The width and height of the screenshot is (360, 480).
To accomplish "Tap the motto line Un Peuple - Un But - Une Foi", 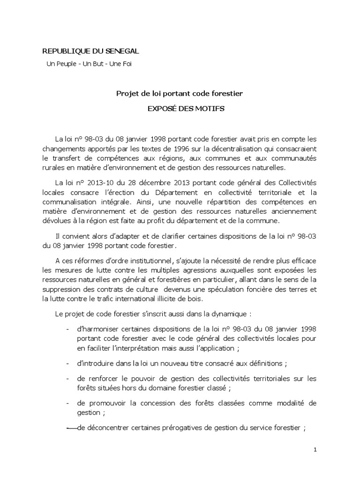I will coord(89,63).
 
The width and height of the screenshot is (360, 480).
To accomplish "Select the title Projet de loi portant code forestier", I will coord(180,93).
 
